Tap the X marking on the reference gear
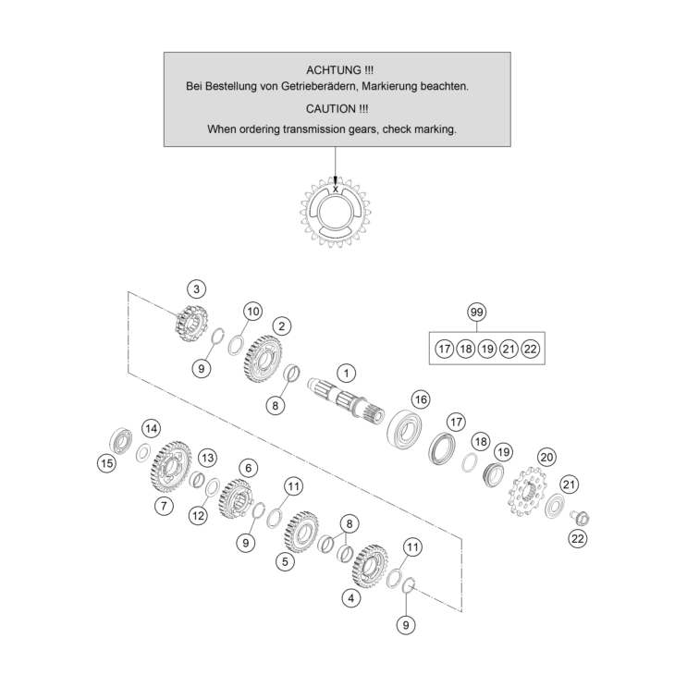click(336, 190)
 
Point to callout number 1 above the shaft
click(346, 374)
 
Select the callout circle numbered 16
click(421, 399)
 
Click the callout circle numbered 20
click(546, 457)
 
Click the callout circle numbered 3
click(197, 289)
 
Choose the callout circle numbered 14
click(151, 428)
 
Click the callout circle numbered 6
click(247, 468)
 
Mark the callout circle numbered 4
click(350, 597)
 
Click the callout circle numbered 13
click(207, 458)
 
